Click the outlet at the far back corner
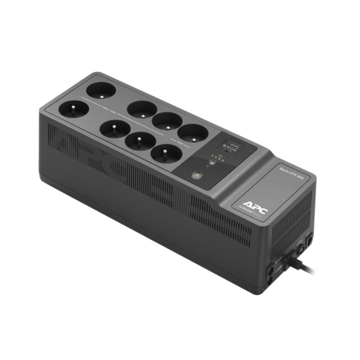click(99, 89)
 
